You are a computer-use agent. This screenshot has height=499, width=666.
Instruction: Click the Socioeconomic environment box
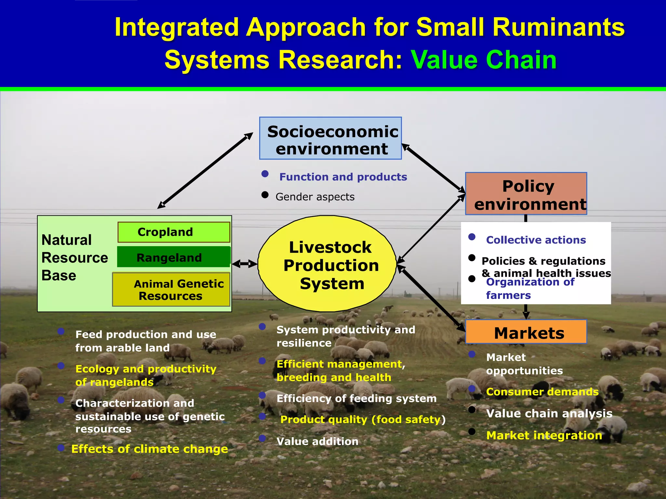330,138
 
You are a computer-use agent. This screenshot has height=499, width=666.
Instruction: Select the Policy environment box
526,194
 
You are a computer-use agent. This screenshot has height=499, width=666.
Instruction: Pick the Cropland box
174,232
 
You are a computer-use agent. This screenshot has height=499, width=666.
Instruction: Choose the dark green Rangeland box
174,257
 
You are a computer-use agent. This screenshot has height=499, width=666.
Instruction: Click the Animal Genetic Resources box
171,289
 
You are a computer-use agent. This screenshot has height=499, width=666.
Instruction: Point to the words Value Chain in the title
484,60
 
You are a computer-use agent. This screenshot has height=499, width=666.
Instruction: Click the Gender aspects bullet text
315,197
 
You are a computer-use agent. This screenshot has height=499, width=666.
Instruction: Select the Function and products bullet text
343,177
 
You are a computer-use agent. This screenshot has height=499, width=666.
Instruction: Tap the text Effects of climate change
150,449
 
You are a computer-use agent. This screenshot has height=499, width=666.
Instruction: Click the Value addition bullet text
317,441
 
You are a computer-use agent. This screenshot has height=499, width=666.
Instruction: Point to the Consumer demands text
542,392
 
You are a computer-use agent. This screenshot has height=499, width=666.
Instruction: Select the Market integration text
544,435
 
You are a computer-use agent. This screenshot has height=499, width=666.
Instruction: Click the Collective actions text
536,240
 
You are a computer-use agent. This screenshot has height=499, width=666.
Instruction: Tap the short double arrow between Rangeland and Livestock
245,264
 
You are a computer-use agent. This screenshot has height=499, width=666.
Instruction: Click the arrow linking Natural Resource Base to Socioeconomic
205,171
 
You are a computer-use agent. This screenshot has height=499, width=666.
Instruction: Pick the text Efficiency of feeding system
356,399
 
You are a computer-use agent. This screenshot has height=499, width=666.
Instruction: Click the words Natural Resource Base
74,258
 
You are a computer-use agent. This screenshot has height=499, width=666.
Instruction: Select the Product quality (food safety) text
363,420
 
